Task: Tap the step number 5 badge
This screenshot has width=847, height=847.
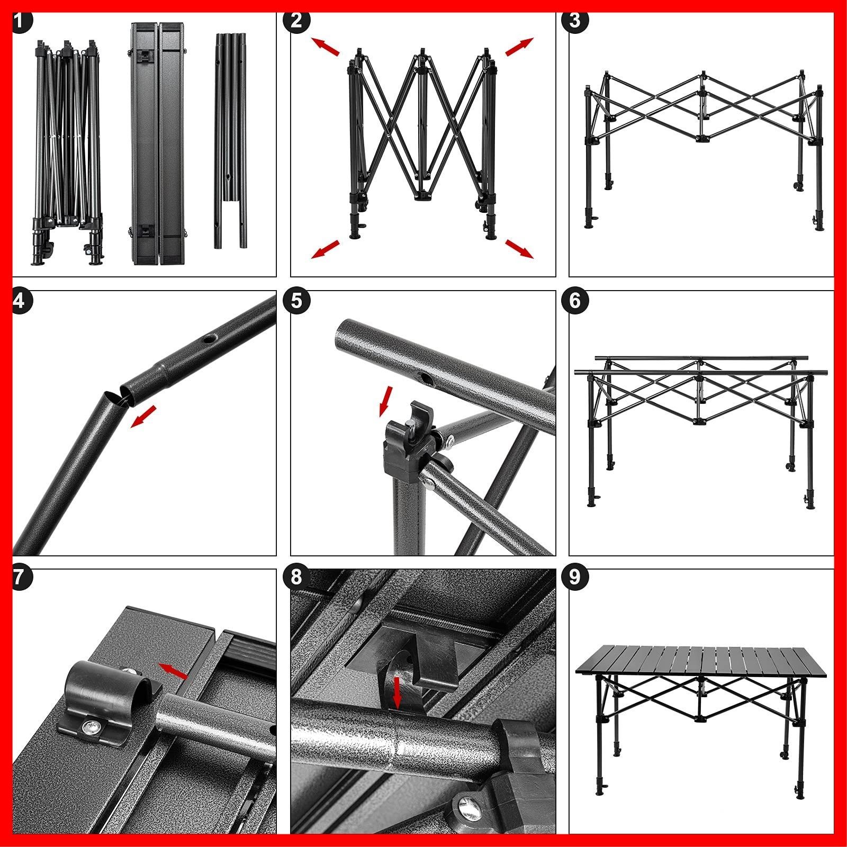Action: [296, 301]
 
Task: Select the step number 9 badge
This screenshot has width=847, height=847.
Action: [575, 577]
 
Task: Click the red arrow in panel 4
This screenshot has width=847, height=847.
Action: [144, 416]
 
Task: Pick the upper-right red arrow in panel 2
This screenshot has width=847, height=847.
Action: [519, 47]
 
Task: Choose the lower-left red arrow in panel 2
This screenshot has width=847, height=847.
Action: [325, 249]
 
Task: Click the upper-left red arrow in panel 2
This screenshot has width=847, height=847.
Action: [325, 47]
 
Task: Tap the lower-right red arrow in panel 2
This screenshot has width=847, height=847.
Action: [519, 248]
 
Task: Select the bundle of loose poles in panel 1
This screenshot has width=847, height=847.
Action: [231, 141]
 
